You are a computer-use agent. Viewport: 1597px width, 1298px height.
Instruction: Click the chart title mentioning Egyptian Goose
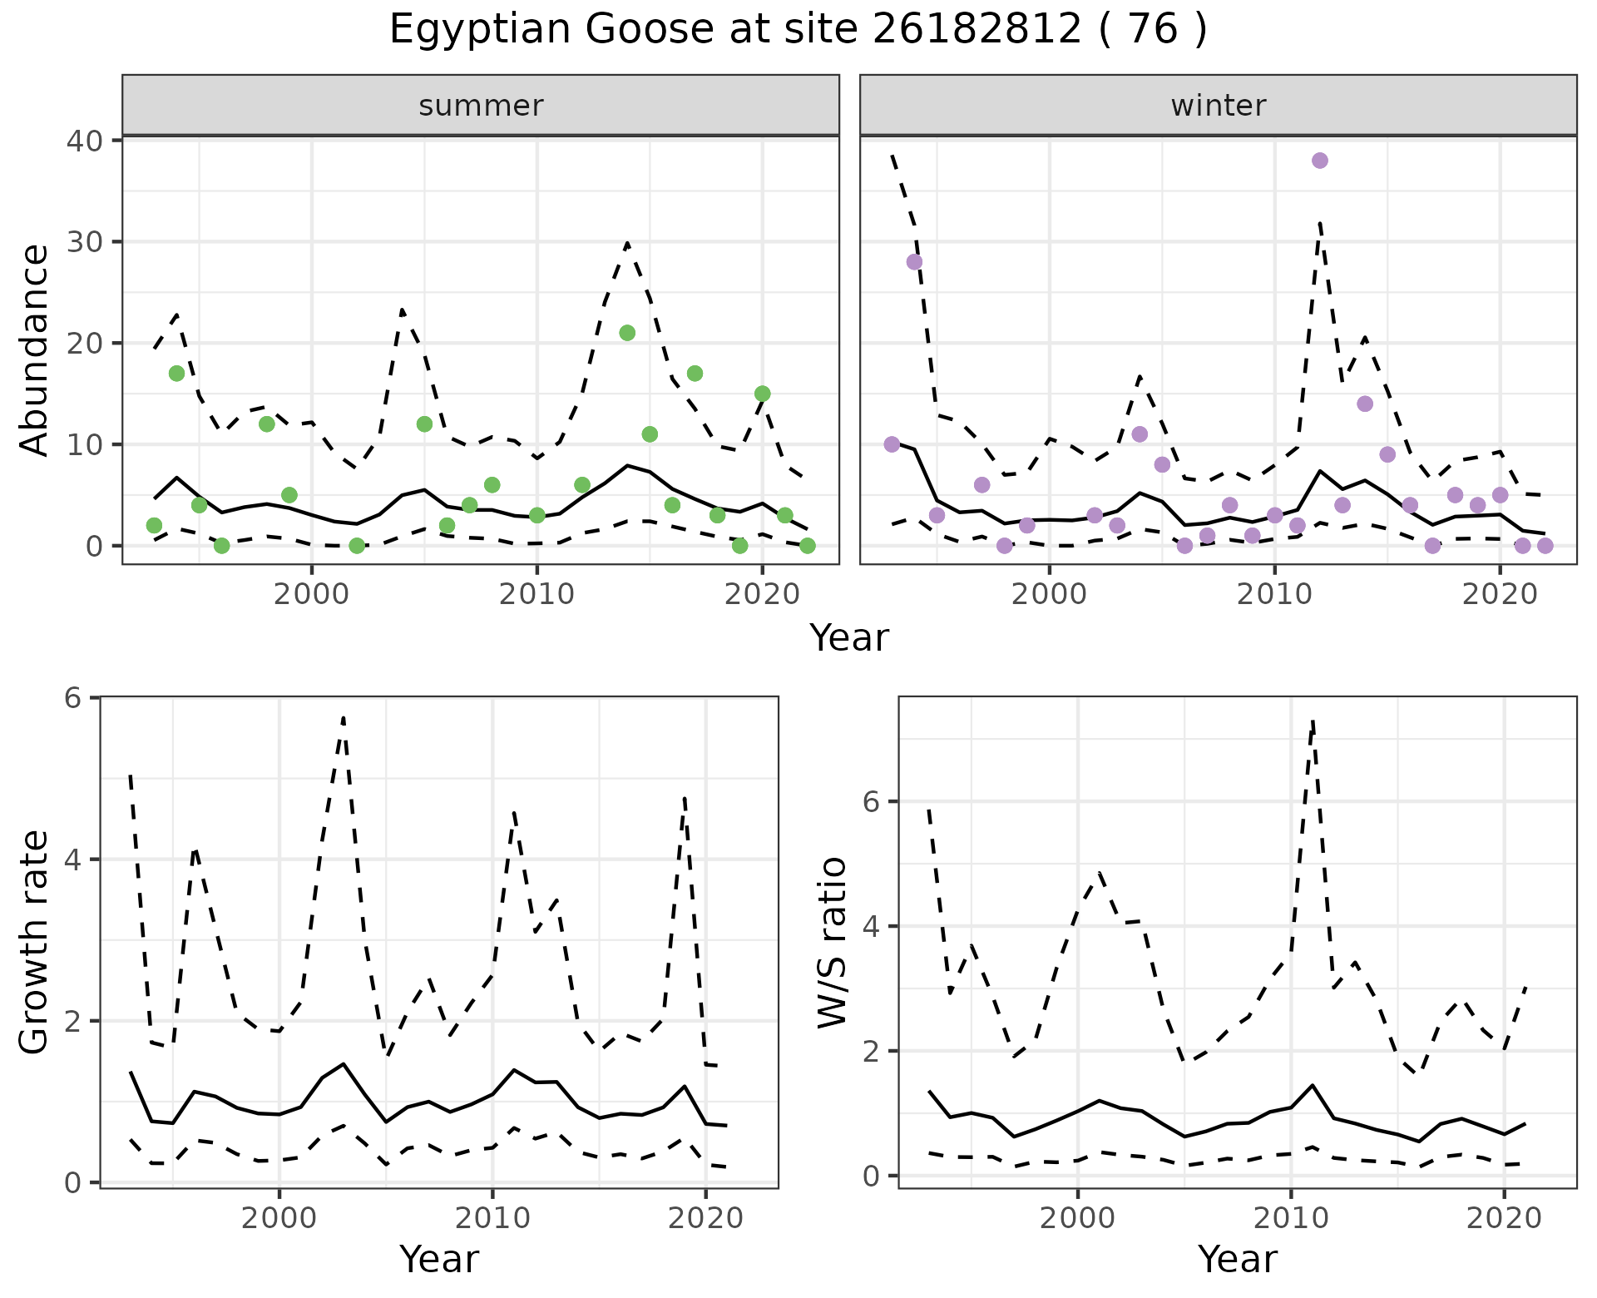tap(798, 31)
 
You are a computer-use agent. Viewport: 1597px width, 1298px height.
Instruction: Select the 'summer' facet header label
tap(481, 106)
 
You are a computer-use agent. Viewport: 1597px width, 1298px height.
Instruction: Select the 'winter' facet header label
tap(1218, 106)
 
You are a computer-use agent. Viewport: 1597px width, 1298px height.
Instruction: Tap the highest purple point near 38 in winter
tap(1319, 161)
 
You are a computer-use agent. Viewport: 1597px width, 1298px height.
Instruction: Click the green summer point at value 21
tap(627, 333)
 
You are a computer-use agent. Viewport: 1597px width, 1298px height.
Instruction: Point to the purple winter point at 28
tap(914, 262)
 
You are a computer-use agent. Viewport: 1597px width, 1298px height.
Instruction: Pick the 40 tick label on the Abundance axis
tap(83, 141)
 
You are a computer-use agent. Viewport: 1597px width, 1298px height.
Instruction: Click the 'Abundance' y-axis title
tap(35, 349)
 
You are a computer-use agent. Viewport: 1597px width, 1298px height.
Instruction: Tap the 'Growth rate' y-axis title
tap(35, 942)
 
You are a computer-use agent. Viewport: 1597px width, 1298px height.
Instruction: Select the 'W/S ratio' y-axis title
tap(832, 942)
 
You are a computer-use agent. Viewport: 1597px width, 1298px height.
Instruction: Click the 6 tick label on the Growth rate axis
tap(73, 697)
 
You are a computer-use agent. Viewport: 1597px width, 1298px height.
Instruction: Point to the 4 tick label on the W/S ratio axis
tap(871, 926)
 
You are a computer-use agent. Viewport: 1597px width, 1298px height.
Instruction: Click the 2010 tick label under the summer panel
tap(536, 594)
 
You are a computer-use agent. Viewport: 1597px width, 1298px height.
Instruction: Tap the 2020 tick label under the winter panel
tap(1500, 594)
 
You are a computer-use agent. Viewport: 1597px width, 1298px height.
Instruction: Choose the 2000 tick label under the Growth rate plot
tap(279, 1218)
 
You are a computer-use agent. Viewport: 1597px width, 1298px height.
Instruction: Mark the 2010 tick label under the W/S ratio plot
tap(1290, 1218)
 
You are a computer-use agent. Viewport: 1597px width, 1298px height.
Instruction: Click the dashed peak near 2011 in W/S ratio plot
tap(1312, 721)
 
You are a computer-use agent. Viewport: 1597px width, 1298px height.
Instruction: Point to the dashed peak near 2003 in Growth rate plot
tap(343, 717)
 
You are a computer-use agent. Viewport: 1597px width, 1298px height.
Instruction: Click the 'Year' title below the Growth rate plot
tap(439, 1259)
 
